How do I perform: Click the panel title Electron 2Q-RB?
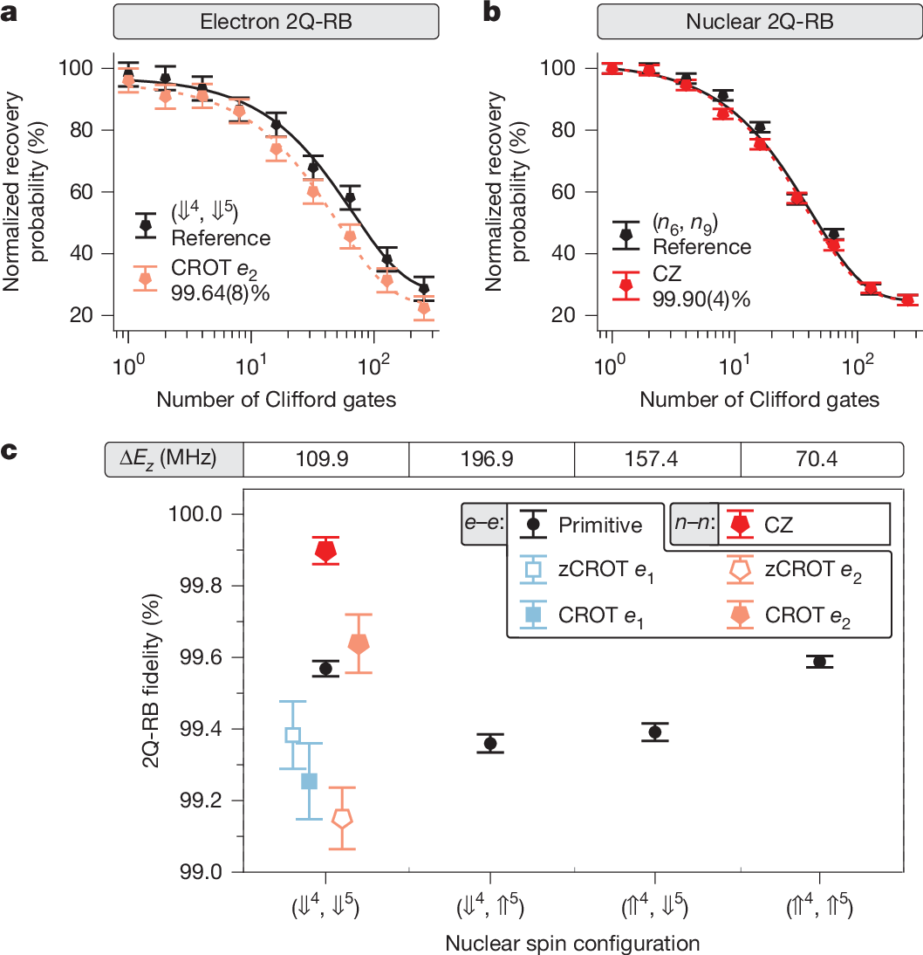pos(275,24)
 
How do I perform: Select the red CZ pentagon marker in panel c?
pos(325,551)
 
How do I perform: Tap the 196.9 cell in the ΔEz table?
pos(491,458)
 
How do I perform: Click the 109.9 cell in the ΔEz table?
pos(325,458)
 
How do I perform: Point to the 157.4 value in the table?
pos(656,458)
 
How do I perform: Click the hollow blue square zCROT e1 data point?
pos(293,735)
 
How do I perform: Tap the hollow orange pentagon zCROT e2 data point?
pos(342,818)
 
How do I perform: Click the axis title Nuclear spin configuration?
pos(572,943)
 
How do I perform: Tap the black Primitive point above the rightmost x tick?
pos(819,662)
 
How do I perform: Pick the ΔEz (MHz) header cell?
pos(174,458)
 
